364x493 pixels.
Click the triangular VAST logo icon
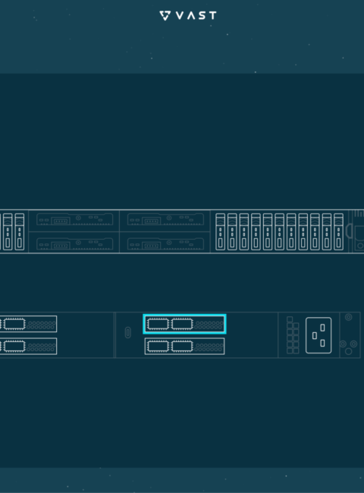pyautogui.click(x=165, y=15)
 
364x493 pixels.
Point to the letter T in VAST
pyautogui.click(x=212, y=15)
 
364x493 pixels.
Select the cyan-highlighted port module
pyautogui.click(x=184, y=324)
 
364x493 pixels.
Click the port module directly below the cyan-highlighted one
pyautogui.click(x=184, y=346)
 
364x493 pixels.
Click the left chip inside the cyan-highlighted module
pyautogui.click(x=158, y=324)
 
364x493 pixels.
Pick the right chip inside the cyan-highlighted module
pyautogui.click(x=182, y=324)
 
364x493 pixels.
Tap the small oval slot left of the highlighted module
pyautogui.click(x=127, y=333)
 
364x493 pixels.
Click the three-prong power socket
pyautogui.click(x=318, y=335)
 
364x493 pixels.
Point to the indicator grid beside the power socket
pyautogui.click(x=293, y=335)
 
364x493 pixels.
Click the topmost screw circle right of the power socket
pyautogui.click(x=348, y=317)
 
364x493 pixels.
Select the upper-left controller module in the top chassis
pyautogui.click(x=75, y=219)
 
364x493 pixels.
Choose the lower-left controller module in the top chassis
pyautogui.click(x=75, y=243)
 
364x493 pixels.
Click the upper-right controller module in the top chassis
pyautogui.click(x=165, y=219)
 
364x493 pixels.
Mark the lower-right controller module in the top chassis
pyautogui.click(x=165, y=243)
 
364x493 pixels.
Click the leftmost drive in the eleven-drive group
pyautogui.click(x=221, y=232)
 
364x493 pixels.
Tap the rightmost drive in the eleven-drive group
pyautogui.click(x=338, y=232)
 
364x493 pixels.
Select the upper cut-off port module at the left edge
pyautogui.click(x=28, y=324)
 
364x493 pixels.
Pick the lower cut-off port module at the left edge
pyautogui.click(x=28, y=346)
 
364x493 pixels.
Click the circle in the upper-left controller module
pyautogui.click(x=78, y=218)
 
